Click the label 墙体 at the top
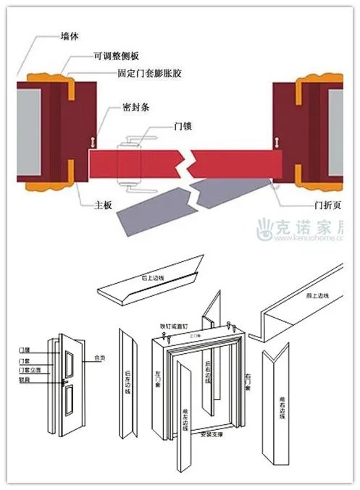[70, 34]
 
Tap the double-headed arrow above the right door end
[276, 141]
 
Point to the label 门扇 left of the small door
[24, 350]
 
